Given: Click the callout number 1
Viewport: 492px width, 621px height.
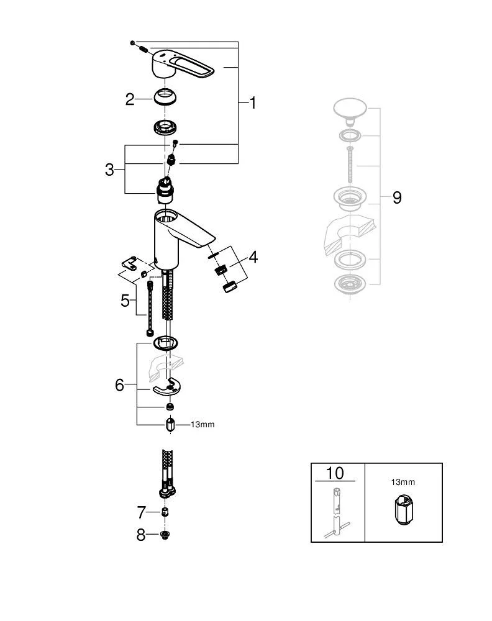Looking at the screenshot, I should point(253,102).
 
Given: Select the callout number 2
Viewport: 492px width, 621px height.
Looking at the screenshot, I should point(130,99).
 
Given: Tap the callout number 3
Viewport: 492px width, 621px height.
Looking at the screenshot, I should point(110,169).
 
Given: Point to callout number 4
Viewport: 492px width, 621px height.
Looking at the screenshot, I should point(253,256).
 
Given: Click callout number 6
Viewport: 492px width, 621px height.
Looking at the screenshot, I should point(120,384).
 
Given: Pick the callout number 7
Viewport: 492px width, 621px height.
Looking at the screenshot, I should point(142,512).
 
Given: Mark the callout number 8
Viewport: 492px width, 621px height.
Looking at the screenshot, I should point(142,534).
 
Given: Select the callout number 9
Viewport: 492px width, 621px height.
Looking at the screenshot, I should point(397,197).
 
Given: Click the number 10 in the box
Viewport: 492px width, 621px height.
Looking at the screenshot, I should point(334,473).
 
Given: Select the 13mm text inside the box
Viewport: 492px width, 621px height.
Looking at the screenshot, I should point(403,481).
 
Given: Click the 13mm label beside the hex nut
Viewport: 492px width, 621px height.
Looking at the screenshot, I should point(202,425).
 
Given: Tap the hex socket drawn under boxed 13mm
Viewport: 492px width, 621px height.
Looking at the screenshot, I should point(402,510).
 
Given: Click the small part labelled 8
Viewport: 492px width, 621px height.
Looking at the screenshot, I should point(165,534).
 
